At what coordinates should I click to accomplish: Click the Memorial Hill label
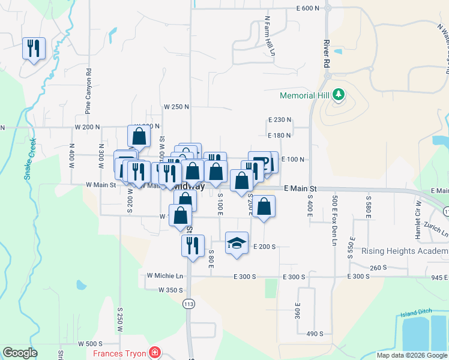pos(306,95)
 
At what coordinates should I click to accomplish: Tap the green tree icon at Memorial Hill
pos(339,94)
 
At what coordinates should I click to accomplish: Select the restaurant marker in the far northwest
pos(34,48)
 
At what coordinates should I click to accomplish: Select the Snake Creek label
pos(31,159)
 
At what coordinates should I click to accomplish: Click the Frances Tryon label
pos(119,353)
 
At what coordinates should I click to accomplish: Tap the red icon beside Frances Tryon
pos(155,352)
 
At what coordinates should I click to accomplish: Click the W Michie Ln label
pos(164,275)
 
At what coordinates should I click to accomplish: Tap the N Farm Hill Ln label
pos(270,36)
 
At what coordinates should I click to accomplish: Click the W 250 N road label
pos(176,107)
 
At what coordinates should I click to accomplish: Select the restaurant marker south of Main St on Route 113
pos(192,245)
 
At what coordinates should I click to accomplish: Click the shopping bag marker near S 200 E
pos(264,207)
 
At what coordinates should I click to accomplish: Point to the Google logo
pos(20,353)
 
